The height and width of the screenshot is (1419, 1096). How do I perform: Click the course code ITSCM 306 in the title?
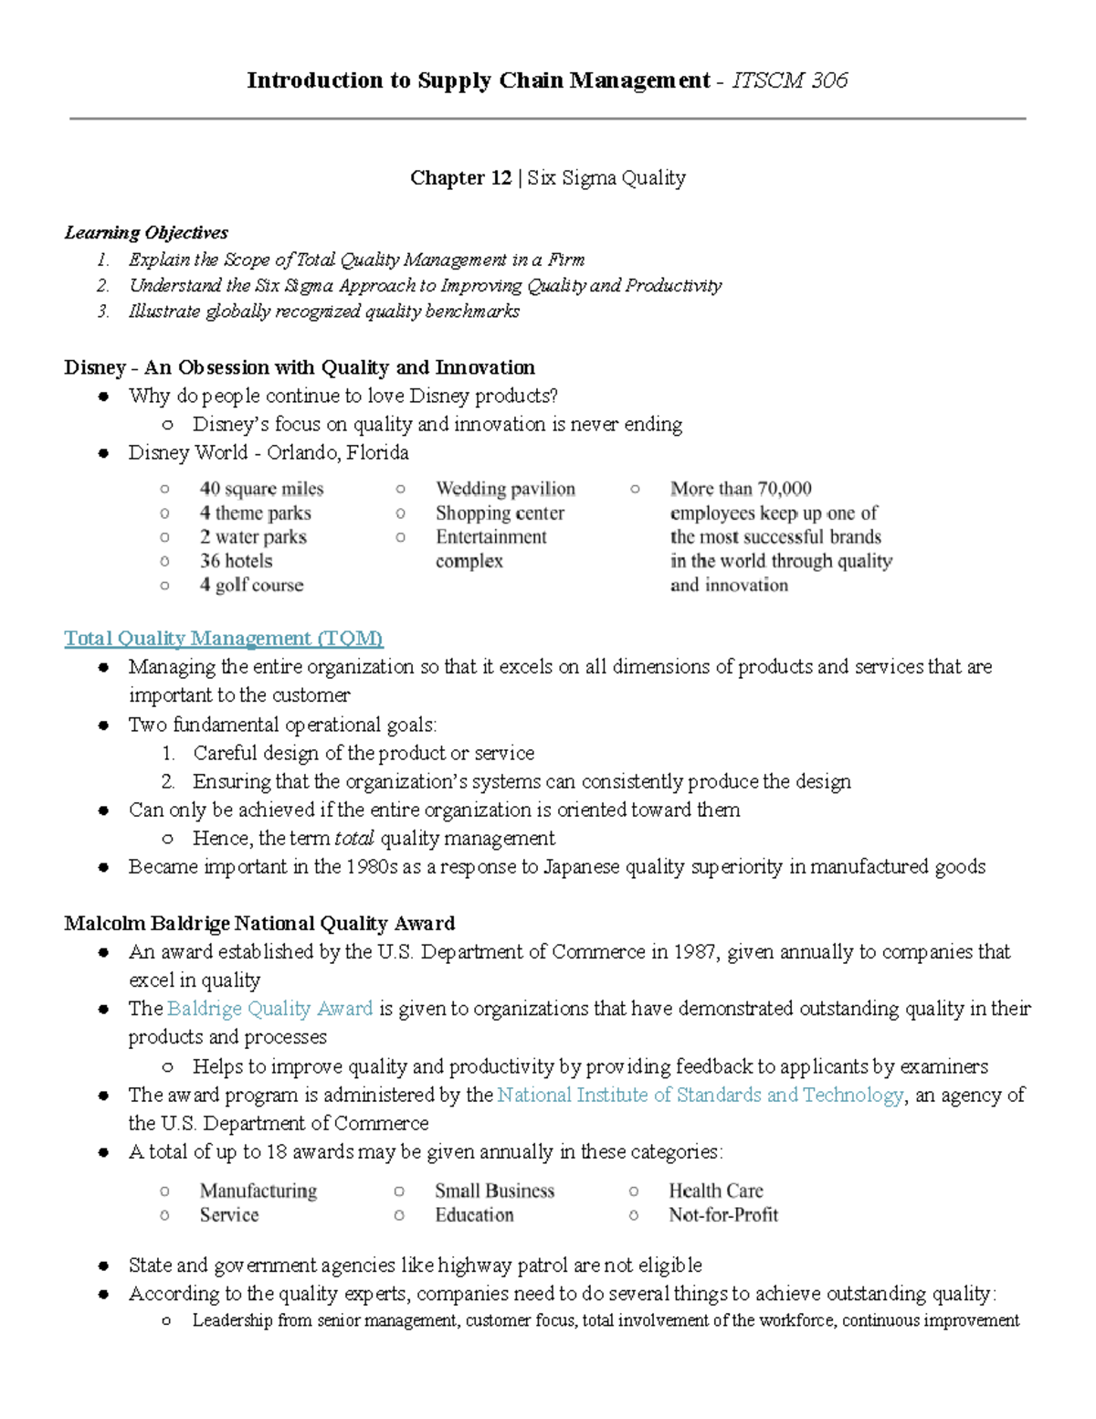pyautogui.click(x=790, y=80)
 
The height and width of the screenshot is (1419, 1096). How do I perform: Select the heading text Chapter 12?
pyautogui.click(x=460, y=178)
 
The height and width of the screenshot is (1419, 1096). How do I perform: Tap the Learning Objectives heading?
pyautogui.click(x=146, y=233)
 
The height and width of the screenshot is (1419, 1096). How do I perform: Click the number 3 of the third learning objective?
pyautogui.click(x=103, y=312)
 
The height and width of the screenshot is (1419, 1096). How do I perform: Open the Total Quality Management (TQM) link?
pyautogui.click(x=224, y=638)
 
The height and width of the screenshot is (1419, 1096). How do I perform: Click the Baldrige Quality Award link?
pyautogui.click(x=270, y=1009)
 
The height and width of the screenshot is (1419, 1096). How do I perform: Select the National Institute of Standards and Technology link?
pyautogui.click(x=701, y=1095)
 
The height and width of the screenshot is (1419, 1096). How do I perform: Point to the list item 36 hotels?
pyautogui.click(x=236, y=561)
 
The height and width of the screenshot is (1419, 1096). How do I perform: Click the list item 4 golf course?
pyautogui.click(x=251, y=585)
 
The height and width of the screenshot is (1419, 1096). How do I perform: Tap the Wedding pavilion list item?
pyautogui.click(x=505, y=489)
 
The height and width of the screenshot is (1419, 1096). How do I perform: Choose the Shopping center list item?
pyautogui.click(x=500, y=513)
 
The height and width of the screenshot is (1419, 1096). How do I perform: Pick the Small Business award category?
pyautogui.click(x=494, y=1191)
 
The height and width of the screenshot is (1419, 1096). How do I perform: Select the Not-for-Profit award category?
pyautogui.click(x=723, y=1215)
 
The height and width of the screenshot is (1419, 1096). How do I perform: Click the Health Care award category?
pyautogui.click(x=715, y=1191)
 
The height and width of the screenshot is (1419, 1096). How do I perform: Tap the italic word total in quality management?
pyautogui.click(x=354, y=839)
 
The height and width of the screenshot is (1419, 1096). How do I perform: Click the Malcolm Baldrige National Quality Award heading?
pyautogui.click(x=259, y=923)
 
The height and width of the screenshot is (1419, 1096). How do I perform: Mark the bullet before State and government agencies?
pyautogui.click(x=104, y=1266)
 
